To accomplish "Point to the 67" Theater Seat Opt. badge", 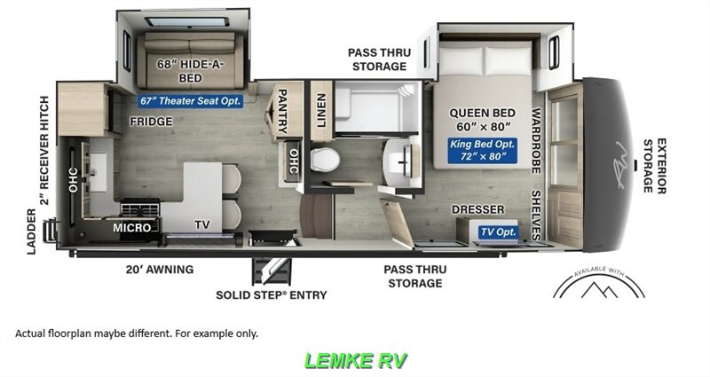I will [191, 101].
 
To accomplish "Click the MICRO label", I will [131, 228].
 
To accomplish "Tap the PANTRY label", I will [285, 110].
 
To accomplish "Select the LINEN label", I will [320, 110].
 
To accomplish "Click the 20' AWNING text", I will [159, 269].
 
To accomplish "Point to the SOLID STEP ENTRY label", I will [272, 295].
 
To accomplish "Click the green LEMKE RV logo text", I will [356, 361].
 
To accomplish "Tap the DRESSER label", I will [477, 209].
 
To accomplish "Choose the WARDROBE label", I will [536, 142].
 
